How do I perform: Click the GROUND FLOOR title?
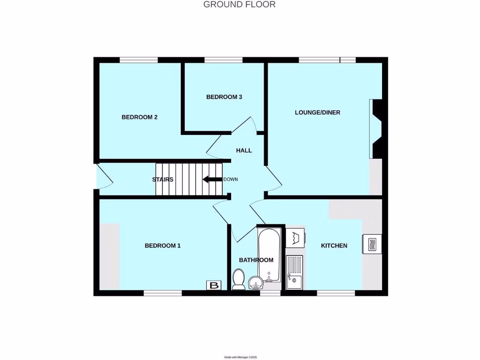(239, 5)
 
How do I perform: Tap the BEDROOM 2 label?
(139, 117)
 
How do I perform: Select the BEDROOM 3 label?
(224, 97)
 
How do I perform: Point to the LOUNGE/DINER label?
(317, 112)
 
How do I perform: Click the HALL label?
(244, 150)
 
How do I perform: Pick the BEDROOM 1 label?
(162, 246)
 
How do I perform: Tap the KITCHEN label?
(334, 246)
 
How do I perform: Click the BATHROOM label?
(256, 260)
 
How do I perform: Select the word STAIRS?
(163, 180)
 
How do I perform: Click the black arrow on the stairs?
(211, 179)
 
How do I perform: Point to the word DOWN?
(231, 180)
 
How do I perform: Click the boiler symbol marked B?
(214, 285)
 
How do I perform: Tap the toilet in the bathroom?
(239, 279)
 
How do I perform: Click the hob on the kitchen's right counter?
(372, 244)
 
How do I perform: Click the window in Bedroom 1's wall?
(163, 293)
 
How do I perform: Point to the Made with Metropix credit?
(240, 357)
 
